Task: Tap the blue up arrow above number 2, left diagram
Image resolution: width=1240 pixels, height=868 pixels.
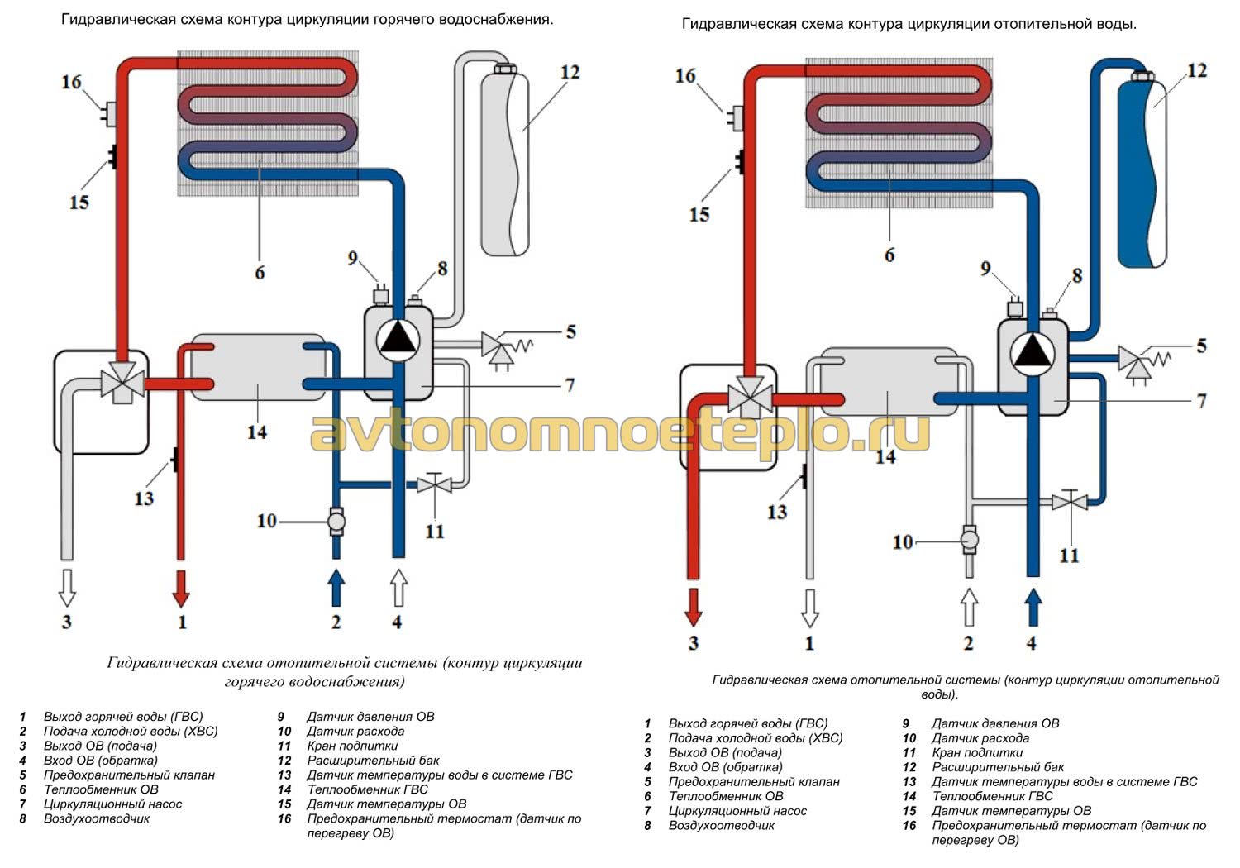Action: click(336, 588)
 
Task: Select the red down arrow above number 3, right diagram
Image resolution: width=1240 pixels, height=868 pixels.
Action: click(693, 609)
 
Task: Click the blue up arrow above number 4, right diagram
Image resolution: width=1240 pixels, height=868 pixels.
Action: click(1033, 608)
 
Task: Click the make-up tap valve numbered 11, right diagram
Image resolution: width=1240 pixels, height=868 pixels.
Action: click(1070, 501)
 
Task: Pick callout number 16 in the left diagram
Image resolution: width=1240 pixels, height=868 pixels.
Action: click(71, 82)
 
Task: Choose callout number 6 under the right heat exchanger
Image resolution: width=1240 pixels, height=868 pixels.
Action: click(889, 255)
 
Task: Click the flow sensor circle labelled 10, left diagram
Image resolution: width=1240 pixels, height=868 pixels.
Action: click(336, 522)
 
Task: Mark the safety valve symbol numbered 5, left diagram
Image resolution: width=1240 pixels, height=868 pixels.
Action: click(496, 345)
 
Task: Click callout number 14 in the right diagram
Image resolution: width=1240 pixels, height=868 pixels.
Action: click(885, 455)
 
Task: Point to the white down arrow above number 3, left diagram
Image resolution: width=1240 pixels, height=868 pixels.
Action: click(67, 587)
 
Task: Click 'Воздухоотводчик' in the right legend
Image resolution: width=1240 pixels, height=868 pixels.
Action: click(721, 826)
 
